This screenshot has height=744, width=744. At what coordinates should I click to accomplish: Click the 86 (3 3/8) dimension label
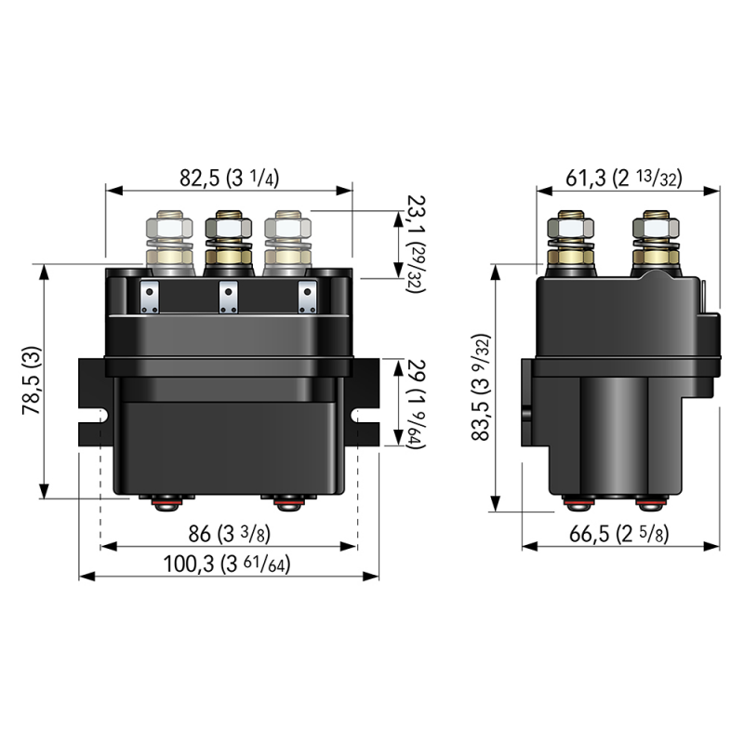point(229,536)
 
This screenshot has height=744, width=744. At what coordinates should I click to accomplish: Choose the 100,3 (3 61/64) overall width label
point(229,565)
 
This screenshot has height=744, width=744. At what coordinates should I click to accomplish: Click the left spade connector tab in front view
point(149,299)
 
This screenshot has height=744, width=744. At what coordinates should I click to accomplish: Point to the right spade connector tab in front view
point(307,299)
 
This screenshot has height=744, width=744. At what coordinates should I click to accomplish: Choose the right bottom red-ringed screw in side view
point(647,504)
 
